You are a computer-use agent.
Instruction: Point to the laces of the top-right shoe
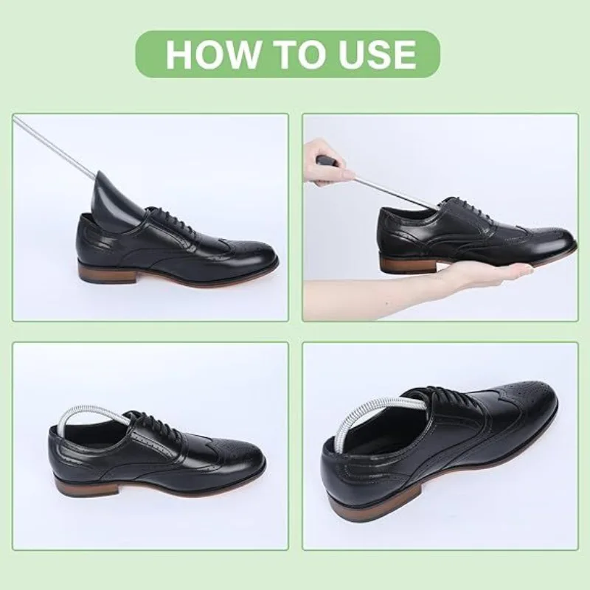(471, 208)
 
